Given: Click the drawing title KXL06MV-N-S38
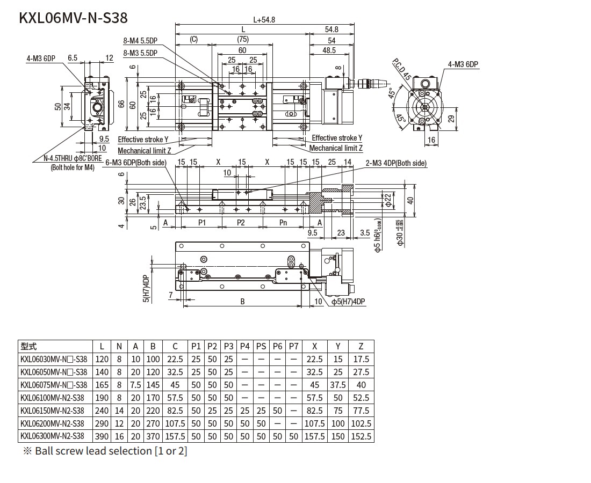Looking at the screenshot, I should pos(73,18).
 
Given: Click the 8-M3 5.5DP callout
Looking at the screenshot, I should pos(140,53).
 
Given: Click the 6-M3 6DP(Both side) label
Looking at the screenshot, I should pos(136,163).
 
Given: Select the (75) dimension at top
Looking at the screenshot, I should pos(242,39).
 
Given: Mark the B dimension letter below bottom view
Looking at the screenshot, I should pos(243,302).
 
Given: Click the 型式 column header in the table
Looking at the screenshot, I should pos(28,346).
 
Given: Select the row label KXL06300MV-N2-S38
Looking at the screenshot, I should pos(52,436).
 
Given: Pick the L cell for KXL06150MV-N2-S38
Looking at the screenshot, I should pos(102,411).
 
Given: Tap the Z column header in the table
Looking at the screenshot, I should pos(361,346).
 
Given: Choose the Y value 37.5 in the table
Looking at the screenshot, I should pos(338,385).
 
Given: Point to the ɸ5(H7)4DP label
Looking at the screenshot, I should pos(348,302).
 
